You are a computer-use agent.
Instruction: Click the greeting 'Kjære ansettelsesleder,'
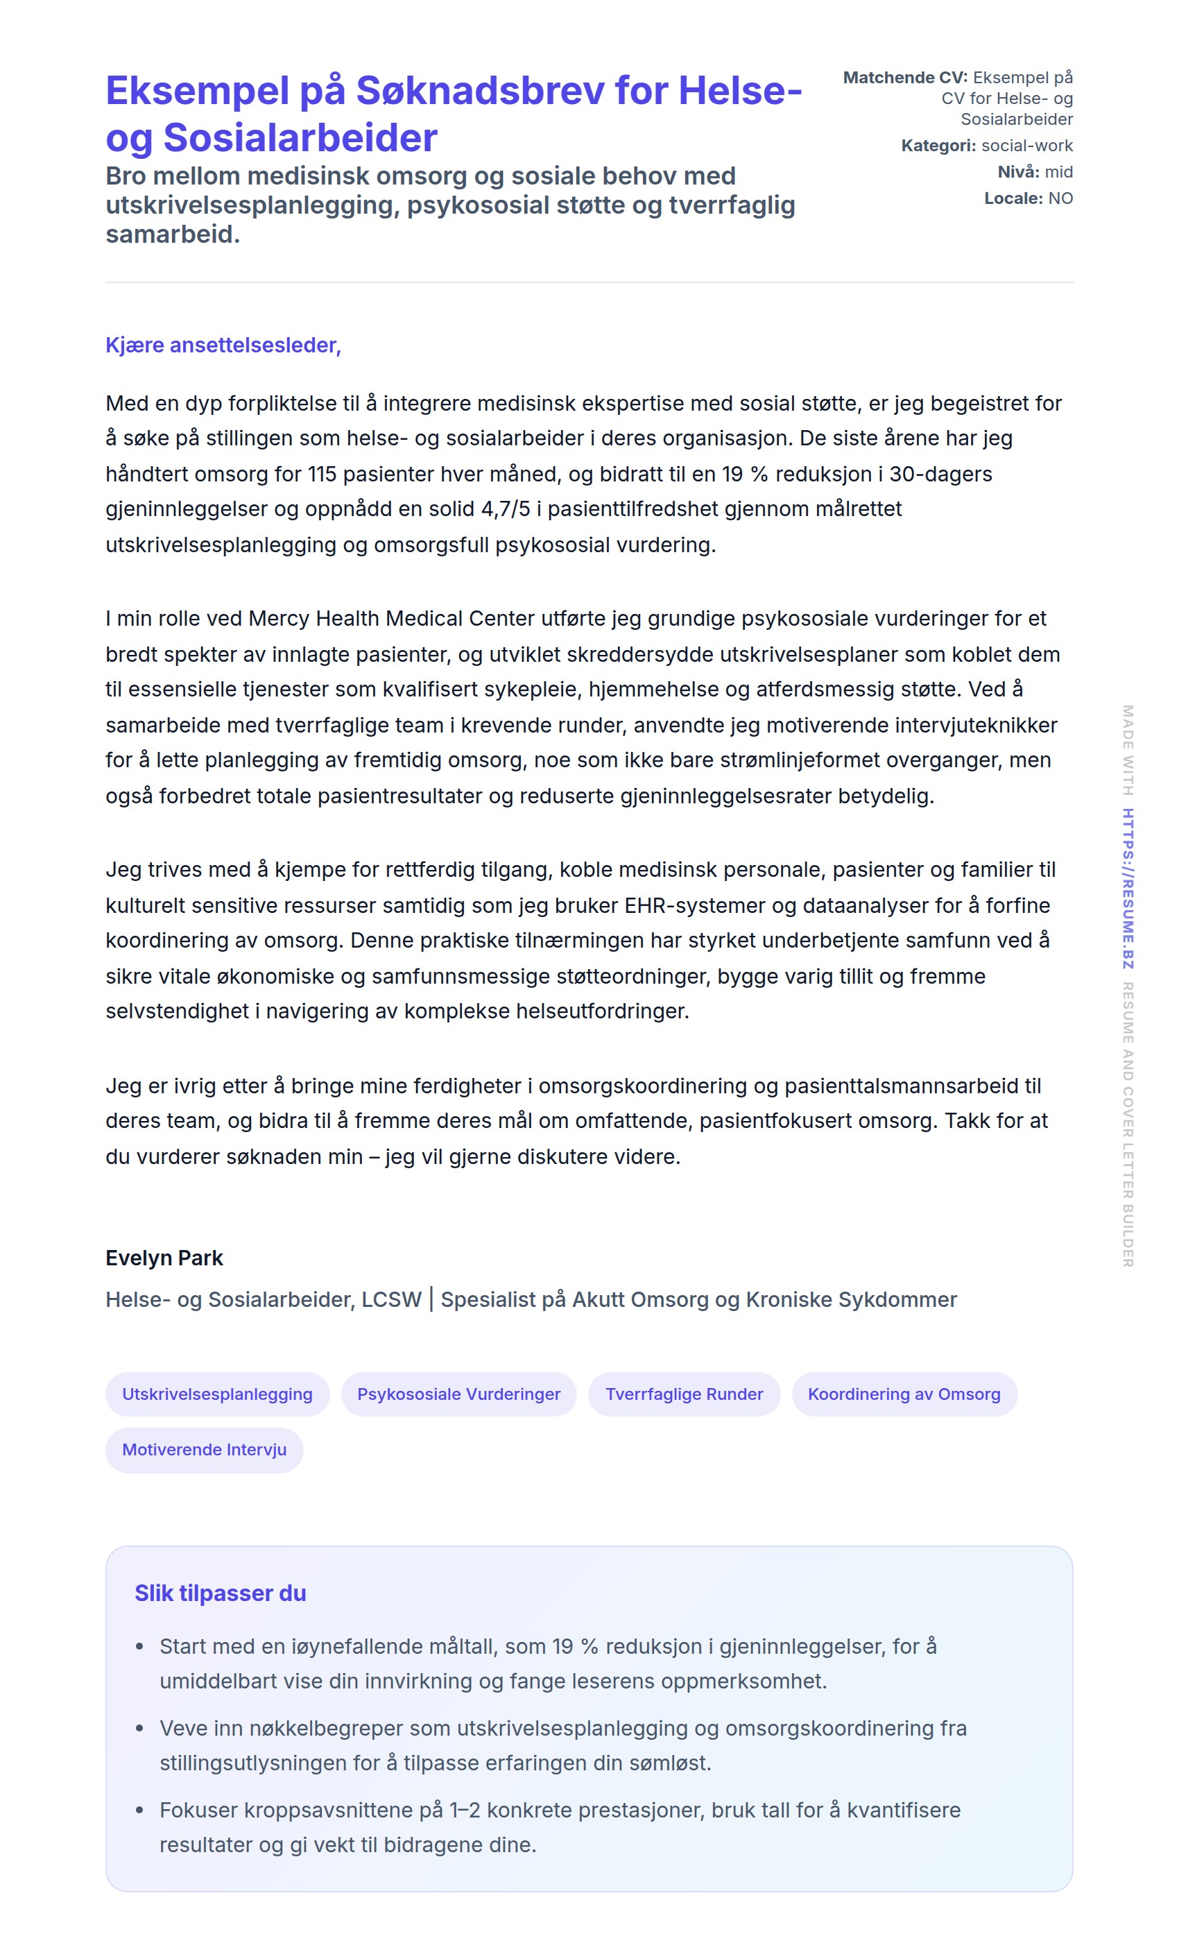[x=223, y=345]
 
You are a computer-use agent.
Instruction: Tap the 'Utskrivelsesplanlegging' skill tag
[x=217, y=1394]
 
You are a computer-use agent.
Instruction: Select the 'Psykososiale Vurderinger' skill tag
[x=458, y=1394]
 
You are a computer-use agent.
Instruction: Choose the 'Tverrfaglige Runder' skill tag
[x=683, y=1394]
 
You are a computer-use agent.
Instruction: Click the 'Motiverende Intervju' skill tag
[x=204, y=1449]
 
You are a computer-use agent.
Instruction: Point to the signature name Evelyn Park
[x=164, y=1258]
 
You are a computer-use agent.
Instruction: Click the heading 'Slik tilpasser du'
[x=220, y=1593]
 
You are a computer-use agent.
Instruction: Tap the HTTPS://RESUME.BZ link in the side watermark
[x=1128, y=888]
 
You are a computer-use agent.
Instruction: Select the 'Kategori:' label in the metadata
[x=938, y=146]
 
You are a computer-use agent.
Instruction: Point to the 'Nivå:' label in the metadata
[x=1017, y=171]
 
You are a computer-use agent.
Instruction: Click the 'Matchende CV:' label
[x=905, y=77]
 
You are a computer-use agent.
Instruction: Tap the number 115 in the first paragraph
[x=322, y=474]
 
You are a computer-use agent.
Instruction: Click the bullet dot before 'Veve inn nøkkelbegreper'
[x=140, y=1728]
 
